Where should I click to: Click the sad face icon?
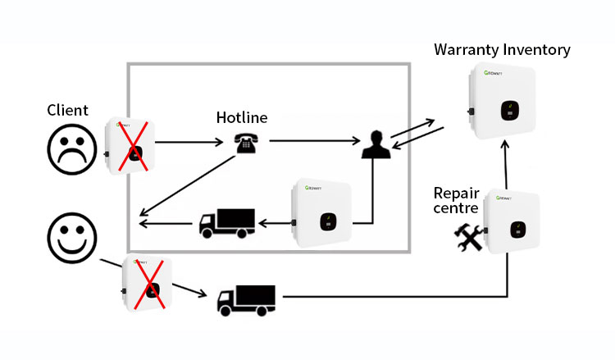click(72, 149)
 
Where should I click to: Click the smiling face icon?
click(72, 238)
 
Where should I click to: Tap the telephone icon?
click(246, 143)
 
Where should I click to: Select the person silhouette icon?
click(376, 144)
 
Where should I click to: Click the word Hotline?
click(242, 117)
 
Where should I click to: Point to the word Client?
click(67, 110)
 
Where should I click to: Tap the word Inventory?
click(536, 50)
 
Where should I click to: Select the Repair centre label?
click(456, 200)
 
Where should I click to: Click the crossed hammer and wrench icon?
click(469, 237)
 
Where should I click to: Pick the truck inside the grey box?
click(227, 224)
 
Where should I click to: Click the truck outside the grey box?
click(246, 300)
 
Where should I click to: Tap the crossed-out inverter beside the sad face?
click(130, 146)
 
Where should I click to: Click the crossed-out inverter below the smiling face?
click(147, 283)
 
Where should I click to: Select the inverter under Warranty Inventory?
click(502, 101)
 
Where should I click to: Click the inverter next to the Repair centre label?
click(512, 221)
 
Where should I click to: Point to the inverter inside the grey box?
click(321, 213)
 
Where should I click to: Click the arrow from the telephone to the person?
click(315, 140)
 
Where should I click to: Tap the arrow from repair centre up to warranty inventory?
click(506, 165)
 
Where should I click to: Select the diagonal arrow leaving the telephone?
click(188, 186)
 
